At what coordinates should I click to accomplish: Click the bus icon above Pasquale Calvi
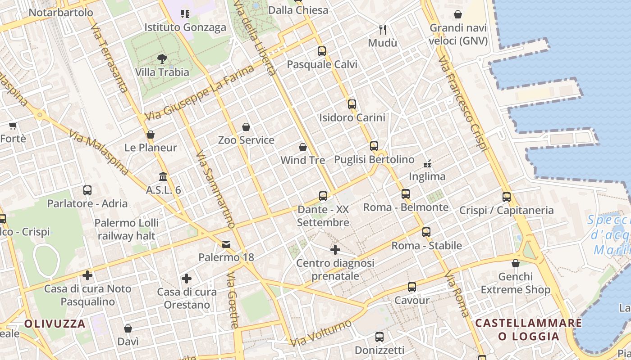321,51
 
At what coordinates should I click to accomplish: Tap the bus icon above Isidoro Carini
352,104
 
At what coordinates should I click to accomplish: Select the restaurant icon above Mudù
383,30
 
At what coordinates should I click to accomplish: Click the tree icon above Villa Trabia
162,58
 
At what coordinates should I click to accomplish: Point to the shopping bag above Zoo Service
246,127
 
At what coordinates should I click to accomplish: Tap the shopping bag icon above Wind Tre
303,147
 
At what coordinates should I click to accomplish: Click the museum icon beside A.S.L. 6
163,177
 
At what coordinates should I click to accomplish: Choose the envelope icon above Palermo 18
226,244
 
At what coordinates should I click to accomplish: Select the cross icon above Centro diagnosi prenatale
335,249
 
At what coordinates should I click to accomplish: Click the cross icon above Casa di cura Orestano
187,279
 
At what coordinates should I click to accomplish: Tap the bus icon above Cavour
412,287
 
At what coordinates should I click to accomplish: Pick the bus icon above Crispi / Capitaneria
507,197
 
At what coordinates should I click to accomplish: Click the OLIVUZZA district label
55,324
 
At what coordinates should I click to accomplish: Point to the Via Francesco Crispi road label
463,103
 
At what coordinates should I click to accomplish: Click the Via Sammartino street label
216,189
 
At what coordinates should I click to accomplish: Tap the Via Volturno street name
321,333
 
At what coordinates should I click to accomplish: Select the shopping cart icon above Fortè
13,126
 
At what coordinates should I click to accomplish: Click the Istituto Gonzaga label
185,27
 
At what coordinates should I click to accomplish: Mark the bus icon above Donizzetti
380,337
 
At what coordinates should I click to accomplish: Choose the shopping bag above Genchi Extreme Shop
516,263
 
